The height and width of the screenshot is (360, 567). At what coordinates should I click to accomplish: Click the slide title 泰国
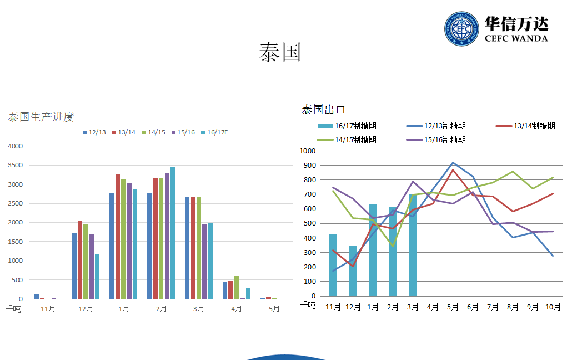tap(280, 52)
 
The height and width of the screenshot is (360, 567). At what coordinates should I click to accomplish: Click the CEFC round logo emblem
tap(461, 29)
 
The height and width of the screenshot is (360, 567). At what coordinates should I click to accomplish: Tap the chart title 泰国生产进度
tap(41, 117)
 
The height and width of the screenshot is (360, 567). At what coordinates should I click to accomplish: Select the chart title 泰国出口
tap(324, 109)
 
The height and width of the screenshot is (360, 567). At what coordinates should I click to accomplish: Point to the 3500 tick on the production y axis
tap(16, 166)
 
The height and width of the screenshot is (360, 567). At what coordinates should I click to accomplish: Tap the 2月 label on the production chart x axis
tap(161, 308)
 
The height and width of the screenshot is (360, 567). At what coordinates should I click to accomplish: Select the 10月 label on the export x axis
tap(553, 306)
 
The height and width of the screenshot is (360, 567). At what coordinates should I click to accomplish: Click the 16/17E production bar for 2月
tap(173, 233)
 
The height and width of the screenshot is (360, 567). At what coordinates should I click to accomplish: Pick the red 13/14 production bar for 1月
tap(118, 237)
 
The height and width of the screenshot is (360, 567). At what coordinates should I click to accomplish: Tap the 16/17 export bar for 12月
tap(353, 271)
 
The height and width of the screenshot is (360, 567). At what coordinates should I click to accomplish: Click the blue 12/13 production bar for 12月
tap(74, 266)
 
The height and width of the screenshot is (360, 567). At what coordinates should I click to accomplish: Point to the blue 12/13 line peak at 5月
tap(453, 163)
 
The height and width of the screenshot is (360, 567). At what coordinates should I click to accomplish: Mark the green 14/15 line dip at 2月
tap(393, 246)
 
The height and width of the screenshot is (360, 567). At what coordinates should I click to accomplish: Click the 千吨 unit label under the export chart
tap(308, 305)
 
